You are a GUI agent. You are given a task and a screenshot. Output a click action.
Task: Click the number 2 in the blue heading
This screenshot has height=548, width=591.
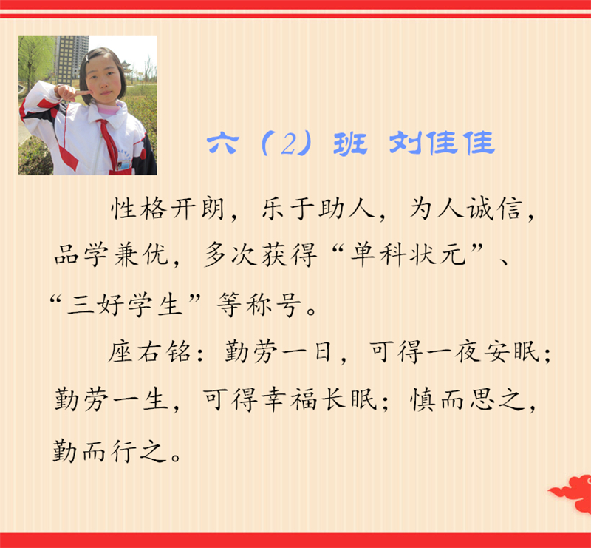tap(288, 143)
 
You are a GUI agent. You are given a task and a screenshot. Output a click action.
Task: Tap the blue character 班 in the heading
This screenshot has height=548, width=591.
tap(350, 143)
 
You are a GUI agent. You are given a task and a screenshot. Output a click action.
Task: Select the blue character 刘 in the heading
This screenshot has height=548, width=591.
tap(406, 143)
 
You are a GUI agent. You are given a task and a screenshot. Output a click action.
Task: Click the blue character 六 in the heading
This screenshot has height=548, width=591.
tap(223, 143)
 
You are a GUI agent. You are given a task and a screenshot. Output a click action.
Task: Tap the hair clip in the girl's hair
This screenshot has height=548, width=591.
tap(87, 58)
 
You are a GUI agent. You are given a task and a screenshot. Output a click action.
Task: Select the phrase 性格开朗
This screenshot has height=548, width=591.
tap(168, 209)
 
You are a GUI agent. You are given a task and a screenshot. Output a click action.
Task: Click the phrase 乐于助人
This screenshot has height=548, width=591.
tap(318, 209)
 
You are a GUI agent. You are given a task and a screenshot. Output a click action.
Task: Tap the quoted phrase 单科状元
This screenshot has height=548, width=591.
tap(408, 254)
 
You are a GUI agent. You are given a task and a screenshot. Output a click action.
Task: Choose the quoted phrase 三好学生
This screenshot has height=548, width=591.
tap(124, 305)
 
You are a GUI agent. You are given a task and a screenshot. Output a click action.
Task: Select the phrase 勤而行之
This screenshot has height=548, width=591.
tap(109, 450)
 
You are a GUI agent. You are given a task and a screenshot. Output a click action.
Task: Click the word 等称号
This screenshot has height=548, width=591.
tap(260, 305)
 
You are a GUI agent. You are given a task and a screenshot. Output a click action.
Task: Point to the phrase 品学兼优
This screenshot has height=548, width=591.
tap(112, 254)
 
